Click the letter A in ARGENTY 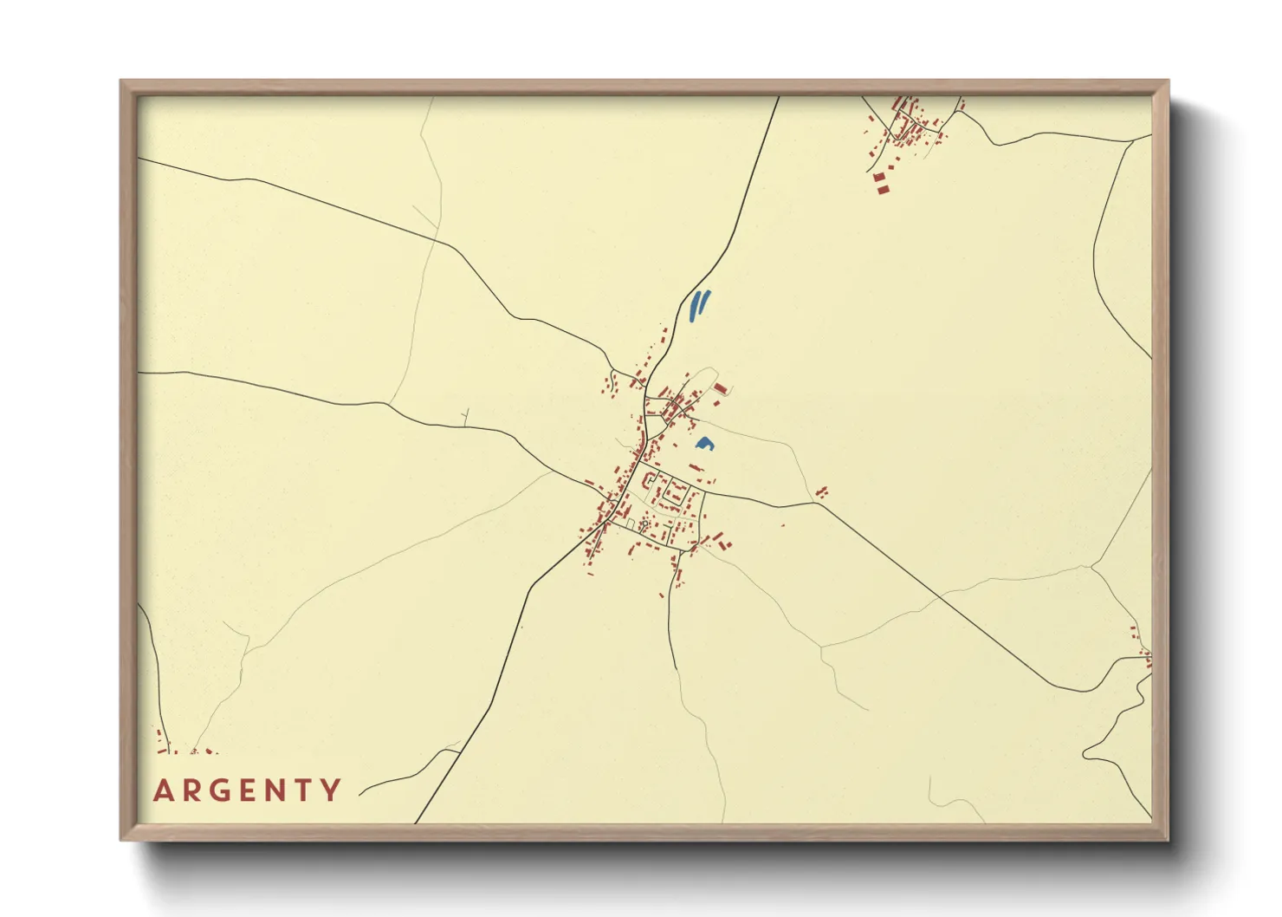tap(163, 790)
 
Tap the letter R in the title tap(192, 790)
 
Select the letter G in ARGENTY tap(223, 790)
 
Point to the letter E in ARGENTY tap(252, 790)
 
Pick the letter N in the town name tap(280, 790)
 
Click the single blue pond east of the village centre tap(704, 444)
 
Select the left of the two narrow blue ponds tap(694, 306)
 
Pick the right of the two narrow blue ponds tap(703, 302)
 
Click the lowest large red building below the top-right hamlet tap(883, 188)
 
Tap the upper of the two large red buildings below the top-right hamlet tap(880, 178)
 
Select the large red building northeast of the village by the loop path tap(720, 388)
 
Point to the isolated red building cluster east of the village tap(821, 492)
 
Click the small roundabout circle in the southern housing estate tap(644, 523)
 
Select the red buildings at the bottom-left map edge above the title tap(161, 742)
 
